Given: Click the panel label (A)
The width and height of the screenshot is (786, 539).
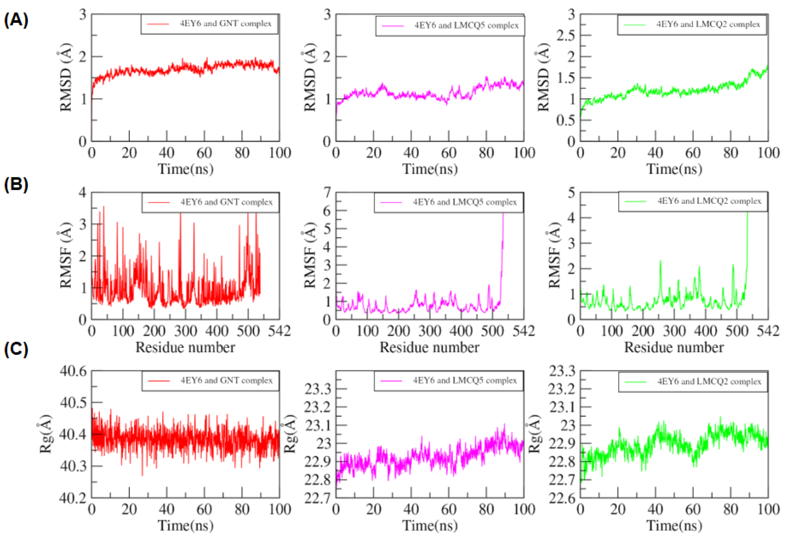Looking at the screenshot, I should (16, 20).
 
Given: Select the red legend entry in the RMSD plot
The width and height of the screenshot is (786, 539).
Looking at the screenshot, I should (210, 24).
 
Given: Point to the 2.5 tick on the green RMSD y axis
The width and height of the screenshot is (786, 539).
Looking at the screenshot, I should (566, 35).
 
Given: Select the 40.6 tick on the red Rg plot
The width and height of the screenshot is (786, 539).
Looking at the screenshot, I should (73, 371).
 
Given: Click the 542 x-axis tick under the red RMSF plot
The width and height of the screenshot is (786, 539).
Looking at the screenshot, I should (279, 330).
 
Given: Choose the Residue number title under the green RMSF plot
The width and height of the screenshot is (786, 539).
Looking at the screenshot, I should (674, 348).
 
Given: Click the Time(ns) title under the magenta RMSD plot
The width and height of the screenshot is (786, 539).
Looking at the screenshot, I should (430, 169).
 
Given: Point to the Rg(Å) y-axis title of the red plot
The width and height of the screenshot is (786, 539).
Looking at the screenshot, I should (46, 434).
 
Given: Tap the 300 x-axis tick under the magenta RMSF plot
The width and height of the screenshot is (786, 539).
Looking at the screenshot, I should (430, 330).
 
